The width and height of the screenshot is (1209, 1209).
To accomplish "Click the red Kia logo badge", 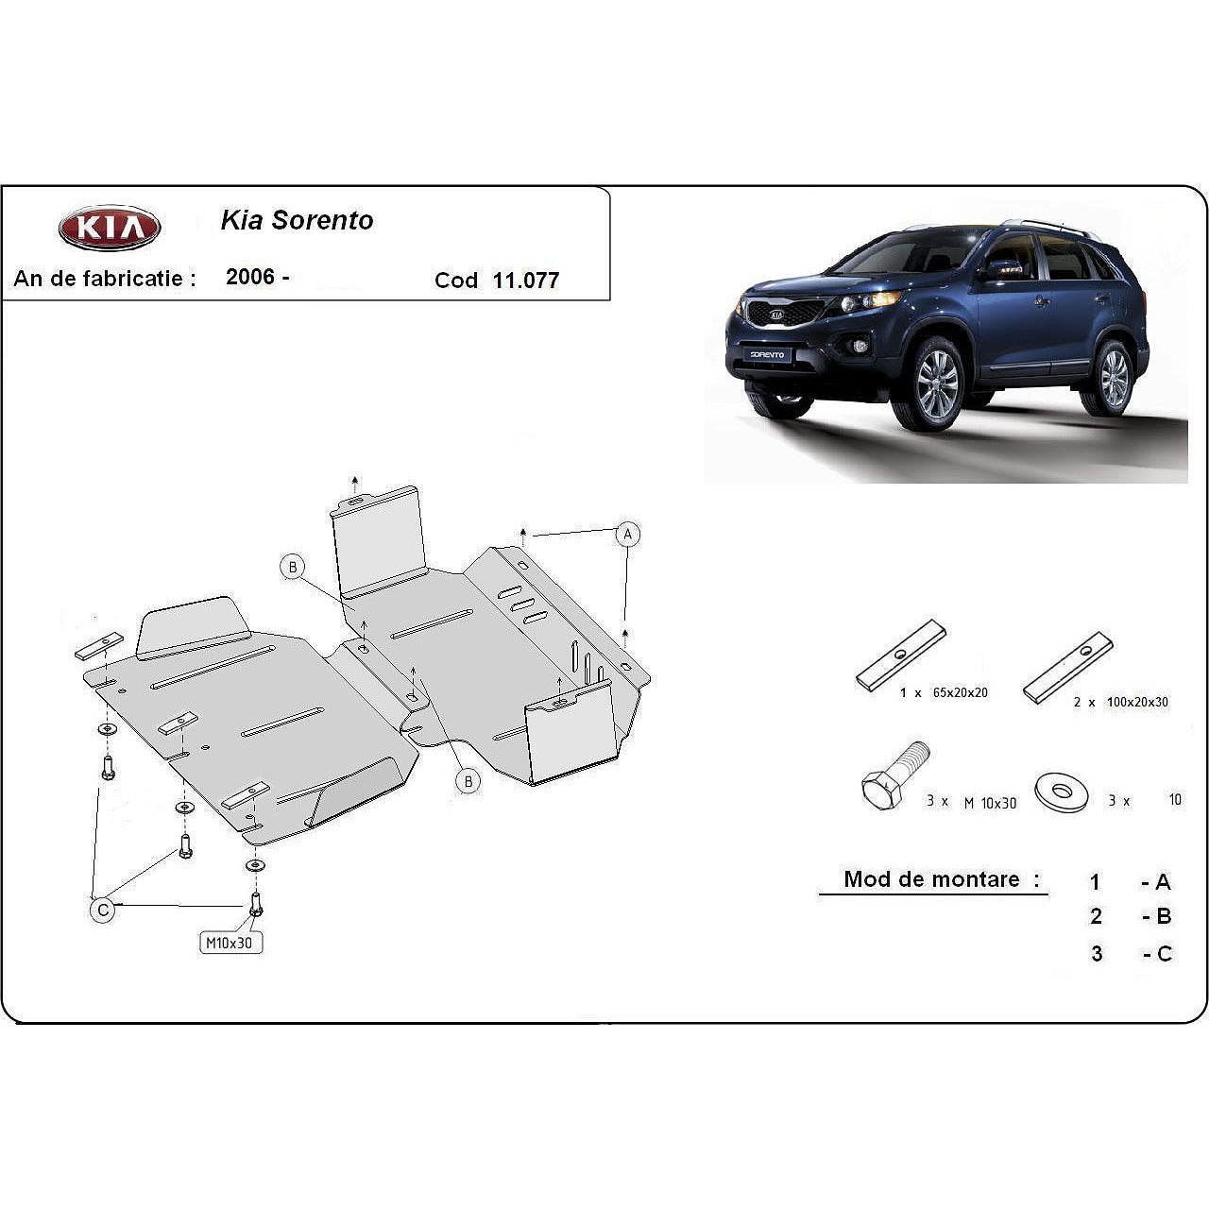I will click(x=110, y=228).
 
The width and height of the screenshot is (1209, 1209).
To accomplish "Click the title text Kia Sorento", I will click(x=297, y=220).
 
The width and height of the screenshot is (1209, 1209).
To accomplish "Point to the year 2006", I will click(x=250, y=277).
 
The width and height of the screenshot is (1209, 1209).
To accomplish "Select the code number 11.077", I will click(x=525, y=281).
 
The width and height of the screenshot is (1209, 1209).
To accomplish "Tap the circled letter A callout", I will click(x=627, y=535).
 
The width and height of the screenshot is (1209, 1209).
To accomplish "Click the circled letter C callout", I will click(x=101, y=910).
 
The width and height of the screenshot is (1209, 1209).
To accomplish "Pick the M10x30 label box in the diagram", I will click(x=230, y=942).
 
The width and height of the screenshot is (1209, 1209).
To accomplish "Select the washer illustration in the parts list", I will click(x=1062, y=792).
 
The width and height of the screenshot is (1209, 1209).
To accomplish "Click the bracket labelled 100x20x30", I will click(x=1067, y=667).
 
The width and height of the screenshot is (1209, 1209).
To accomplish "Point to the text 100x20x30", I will click(x=1138, y=703).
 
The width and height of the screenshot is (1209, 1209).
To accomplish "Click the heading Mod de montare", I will click(x=932, y=879).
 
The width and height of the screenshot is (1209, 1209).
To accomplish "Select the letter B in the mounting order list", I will click(x=1163, y=916).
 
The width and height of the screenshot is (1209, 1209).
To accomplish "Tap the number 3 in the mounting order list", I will click(x=1096, y=954).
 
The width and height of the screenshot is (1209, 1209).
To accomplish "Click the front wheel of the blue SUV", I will click(x=937, y=383).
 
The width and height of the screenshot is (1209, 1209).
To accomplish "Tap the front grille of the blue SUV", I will click(x=775, y=315).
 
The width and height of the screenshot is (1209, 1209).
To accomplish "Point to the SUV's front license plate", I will click(x=767, y=354).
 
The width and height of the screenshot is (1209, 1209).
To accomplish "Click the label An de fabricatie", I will click(x=105, y=279).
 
